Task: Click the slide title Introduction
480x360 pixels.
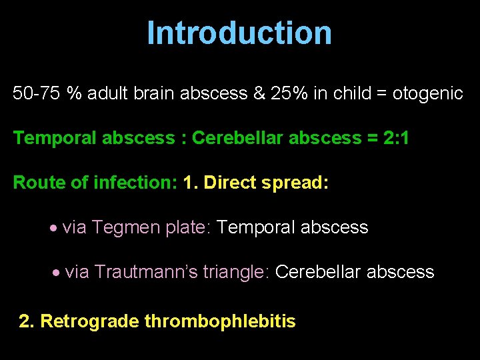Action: [x=239, y=33]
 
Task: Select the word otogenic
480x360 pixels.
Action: [x=427, y=93]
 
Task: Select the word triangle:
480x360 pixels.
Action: [x=236, y=272]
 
